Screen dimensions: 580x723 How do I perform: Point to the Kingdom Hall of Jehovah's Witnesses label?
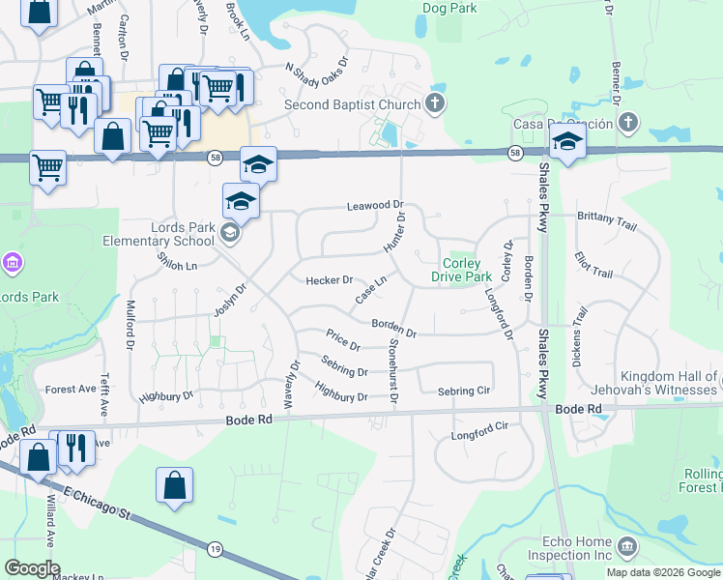tap(656, 383)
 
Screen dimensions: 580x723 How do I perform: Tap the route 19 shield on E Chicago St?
tap(215, 548)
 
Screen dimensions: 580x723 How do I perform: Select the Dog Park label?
tap(450, 8)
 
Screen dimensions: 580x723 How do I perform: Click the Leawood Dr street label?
tap(375, 206)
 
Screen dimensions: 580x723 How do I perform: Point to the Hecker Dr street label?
tap(329, 280)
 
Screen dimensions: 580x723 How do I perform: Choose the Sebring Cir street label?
tap(464, 391)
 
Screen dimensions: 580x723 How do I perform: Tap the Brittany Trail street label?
tap(607, 219)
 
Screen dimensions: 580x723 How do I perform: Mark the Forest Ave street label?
tap(71, 390)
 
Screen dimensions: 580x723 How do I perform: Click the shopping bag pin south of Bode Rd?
tap(174, 485)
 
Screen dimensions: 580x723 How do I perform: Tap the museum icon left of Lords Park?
tap(13, 262)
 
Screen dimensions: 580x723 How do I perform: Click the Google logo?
tap(31, 568)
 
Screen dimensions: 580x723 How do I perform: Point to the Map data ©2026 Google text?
tap(663, 572)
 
